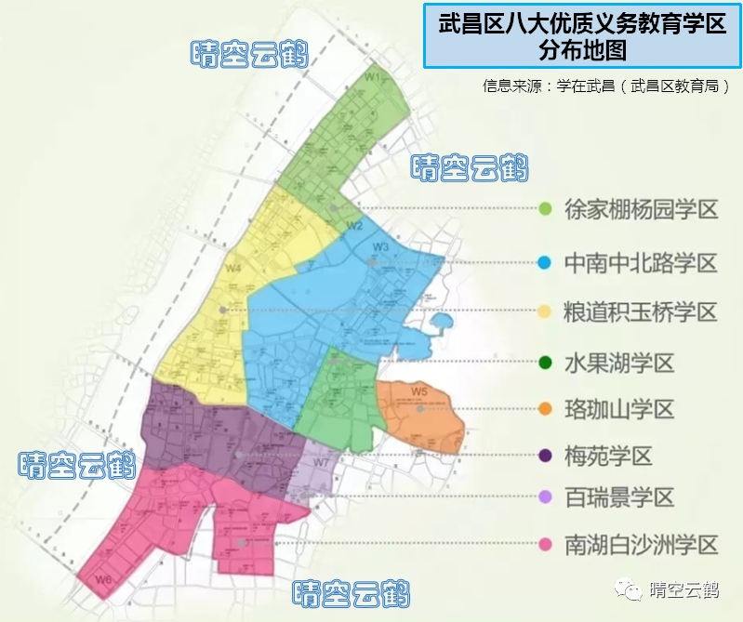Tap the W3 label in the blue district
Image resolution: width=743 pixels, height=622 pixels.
(380, 246)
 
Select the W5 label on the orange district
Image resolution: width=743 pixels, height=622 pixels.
(419, 390)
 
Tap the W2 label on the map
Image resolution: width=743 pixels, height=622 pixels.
(354, 226)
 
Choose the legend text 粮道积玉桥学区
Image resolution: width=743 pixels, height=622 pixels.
(641, 312)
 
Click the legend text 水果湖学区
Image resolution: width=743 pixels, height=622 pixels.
(618, 363)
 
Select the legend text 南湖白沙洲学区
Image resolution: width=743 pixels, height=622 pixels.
(641, 546)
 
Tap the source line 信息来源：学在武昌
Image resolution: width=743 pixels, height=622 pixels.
(605, 86)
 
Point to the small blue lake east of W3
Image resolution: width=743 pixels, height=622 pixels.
(441, 324)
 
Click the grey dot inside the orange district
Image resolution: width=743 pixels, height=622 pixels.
(420, 408)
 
